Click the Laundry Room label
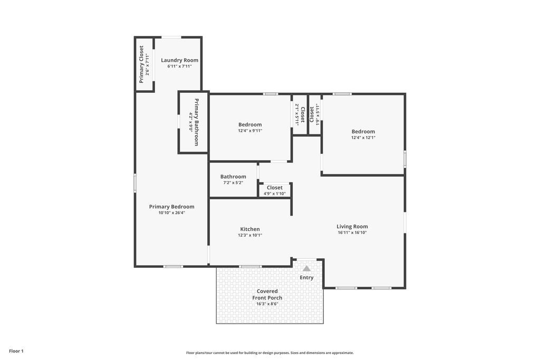click(179, 60)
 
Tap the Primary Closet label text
click(141, 64)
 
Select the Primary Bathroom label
click(197, 122)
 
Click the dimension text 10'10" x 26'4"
click(171, 213)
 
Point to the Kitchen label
click(249, 229)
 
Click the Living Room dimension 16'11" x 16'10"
click(352, 232)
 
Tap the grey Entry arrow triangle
click(306, 268)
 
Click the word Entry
click(306, 278)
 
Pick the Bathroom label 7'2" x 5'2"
click(233, 177)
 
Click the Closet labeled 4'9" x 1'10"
click(274, 188)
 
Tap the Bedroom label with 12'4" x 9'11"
click(249, 124)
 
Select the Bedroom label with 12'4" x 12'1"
click(363, 131)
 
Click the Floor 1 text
click(16, 351)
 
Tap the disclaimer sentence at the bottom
click(269, 353)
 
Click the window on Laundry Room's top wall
click(171, 37)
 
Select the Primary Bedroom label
click(171, 207)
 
